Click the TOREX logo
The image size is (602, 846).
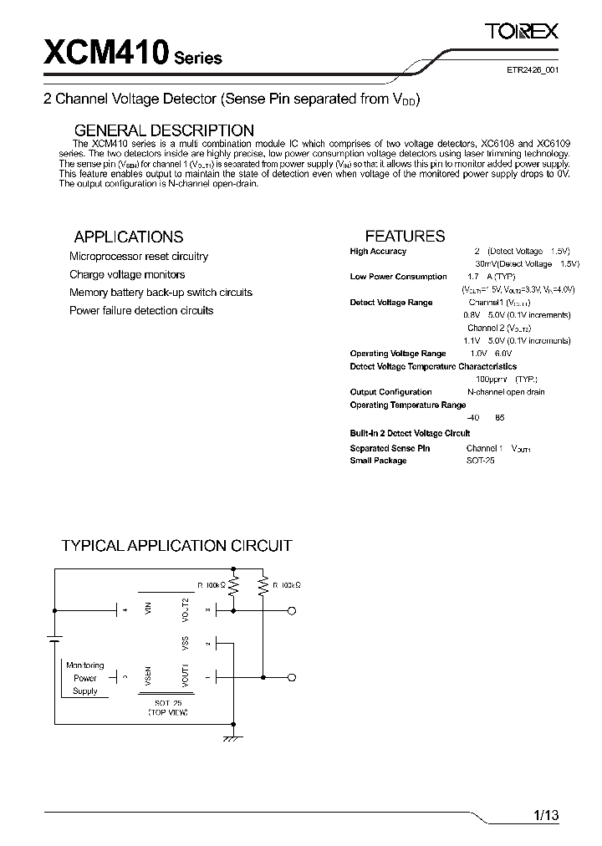click(523, 31)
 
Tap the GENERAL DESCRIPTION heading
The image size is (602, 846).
click(164, 130)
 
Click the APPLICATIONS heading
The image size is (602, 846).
click(128, 237)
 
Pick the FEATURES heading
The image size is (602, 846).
click(405, 236)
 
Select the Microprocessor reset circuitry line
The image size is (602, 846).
click(139, 257)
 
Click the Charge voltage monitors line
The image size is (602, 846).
click(127, 274)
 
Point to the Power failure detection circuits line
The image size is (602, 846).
click(141, 310)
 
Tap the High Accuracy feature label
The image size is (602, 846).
click(378, 252)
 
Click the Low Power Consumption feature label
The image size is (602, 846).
click(398, 277)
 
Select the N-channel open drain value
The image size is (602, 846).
click(506, 392)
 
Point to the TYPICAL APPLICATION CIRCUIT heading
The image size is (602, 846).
click(176, 546)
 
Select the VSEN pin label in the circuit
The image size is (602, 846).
click(148, 675)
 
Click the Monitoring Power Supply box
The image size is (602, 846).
click(85, 678)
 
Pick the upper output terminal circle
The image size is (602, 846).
click(292, 612)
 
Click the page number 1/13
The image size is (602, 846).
click(545, 814)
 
